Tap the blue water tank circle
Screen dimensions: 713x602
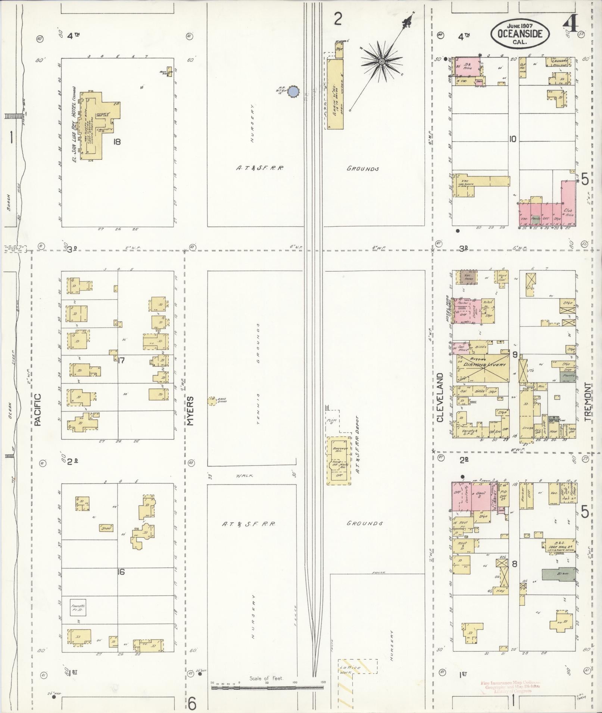[x=294, y=91]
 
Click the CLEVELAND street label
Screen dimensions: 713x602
[x=440, y=397]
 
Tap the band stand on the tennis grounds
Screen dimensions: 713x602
[x=212, y=401]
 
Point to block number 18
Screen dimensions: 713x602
[x=117, y=142]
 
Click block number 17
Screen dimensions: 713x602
[x=120, y=360]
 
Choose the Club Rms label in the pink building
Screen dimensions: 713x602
[x=569, y=213]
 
